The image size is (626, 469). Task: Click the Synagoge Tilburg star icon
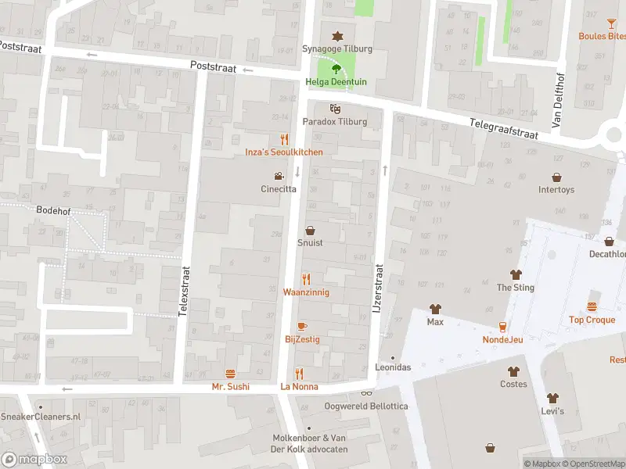point(337,36)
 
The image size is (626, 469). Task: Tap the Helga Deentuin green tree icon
point(337,70)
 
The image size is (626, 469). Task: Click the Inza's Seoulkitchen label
point(283,152)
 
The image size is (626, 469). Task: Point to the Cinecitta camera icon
point(278,176)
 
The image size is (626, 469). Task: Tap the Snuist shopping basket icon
point(310,231)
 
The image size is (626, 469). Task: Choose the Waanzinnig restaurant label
point(306,292)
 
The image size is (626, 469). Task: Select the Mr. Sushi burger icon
point(230,374)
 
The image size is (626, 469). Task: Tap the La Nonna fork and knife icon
point(298,374)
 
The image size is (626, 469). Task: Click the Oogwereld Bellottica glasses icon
point(366,393)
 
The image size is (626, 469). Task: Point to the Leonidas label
point(393,367)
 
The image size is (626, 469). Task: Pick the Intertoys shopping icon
point(556,177)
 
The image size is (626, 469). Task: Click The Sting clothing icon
point(515,274)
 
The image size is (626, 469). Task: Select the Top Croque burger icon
point(592,306)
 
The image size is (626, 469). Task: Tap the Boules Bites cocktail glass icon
point(611,23)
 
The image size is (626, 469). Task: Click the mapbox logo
point(34,460)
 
